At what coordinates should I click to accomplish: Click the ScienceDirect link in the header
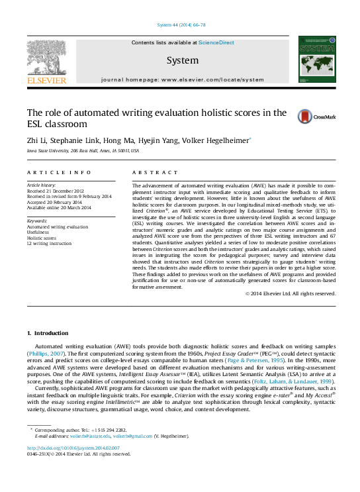click(216, 42)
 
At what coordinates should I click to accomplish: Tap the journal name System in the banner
click(182, 60)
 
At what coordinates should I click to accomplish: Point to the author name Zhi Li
click(36, 140)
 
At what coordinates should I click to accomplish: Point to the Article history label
click(41, 183)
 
